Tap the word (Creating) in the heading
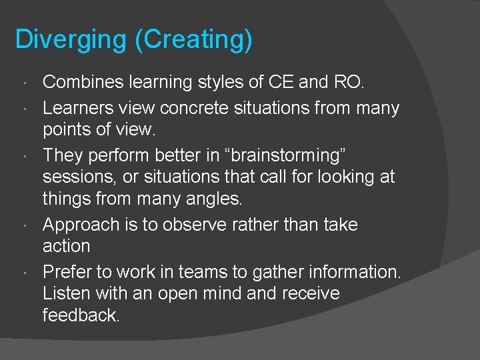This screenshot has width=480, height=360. pyautogui.click(x=193, y=39)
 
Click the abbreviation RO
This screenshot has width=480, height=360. pyautogui.click(x=347, y=83)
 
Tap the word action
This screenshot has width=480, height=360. pyautogui.click(x=66, y=246)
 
